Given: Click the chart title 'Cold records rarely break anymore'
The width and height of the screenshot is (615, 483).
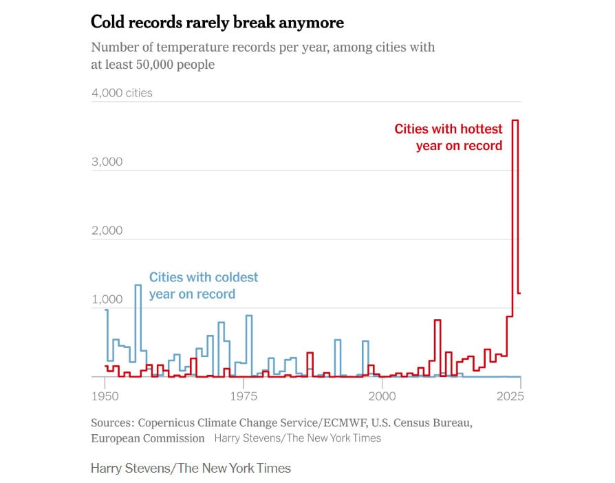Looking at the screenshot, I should tap(217, 22).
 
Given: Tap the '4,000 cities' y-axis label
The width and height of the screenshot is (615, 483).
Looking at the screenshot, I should tap(122, 92).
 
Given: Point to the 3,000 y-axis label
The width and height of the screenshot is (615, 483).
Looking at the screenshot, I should tap(107, 162).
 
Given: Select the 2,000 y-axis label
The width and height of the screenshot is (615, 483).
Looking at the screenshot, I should tap(107, 230).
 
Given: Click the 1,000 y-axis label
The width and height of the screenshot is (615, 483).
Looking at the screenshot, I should tap(107, 300).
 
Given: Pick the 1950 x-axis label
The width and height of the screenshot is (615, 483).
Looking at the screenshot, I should tap(105, 397).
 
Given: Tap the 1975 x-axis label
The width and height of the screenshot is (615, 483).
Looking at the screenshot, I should tap(244, 397).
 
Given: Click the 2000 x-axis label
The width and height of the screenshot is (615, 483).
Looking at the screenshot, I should tap(382, 397).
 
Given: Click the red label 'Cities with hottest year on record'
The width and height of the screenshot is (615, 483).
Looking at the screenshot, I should tap(449, 137).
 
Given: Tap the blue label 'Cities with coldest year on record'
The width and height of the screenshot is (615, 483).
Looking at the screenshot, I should tap(204, 286).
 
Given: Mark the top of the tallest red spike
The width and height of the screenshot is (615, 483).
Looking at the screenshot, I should tap(515, 120).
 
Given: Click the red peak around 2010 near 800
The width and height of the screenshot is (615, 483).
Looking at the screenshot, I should tap(437, 321).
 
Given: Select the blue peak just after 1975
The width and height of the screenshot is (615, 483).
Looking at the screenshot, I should tap(248, 316).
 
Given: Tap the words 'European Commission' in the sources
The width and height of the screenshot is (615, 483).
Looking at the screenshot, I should tap(148, 438).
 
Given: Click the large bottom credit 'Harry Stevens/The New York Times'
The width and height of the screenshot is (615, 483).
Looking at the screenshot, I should tap(191, 469).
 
